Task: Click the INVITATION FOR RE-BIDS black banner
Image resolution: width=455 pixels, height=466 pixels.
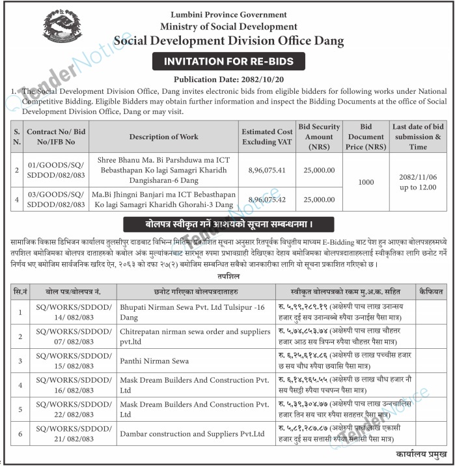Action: pyautogui.click(x=228, y=62)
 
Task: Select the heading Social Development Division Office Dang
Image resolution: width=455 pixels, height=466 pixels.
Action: pyautogui.click(x=228, y=40)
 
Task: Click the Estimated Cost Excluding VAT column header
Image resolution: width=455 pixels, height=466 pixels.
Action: pyautogui.click(x=268, y=136)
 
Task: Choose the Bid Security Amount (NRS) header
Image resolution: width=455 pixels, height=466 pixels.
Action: pyautogui.click(x=319, y=136)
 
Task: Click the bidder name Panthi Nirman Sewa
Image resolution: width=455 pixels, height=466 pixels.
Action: pyautogui.click(x=154, y=360)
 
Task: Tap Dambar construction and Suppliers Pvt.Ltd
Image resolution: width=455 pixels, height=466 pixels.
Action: pyautogui.click(x=193, y=433)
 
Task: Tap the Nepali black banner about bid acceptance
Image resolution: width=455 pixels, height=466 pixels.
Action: pyautogui.click(x=228, y=225)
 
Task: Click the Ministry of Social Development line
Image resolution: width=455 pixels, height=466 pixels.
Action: pyautogui.click(x=228, y=27)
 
